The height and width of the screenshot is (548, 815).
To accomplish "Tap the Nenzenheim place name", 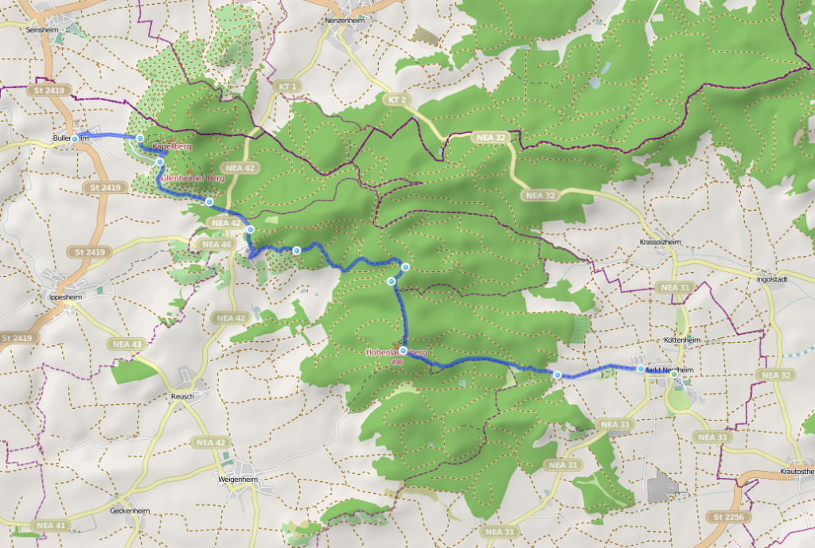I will point(344,20).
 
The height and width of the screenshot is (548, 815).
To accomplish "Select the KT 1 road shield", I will point(287,86).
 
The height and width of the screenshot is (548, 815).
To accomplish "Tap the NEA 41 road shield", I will point(51,526).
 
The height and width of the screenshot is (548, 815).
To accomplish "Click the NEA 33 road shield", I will point(712,437).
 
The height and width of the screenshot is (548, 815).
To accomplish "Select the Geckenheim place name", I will point(131,510).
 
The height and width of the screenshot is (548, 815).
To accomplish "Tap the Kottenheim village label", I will point(679,340).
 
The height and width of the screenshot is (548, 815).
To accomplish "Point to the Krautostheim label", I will point(793,472).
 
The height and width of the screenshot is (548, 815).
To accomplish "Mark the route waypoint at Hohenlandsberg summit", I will point(404,350).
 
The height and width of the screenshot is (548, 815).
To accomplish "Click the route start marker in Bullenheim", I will point(75,138).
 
